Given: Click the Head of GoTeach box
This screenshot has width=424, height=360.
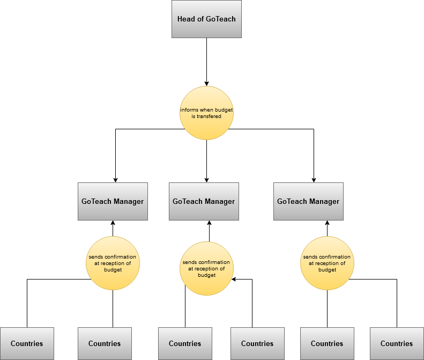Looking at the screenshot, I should pos(206,19).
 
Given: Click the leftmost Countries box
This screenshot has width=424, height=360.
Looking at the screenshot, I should pos(27,343).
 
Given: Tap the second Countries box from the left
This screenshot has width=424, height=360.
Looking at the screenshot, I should pos(105,343).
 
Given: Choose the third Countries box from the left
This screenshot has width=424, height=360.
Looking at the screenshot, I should pos(185,343).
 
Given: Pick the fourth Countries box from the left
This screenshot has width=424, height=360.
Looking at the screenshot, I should pos(257,343).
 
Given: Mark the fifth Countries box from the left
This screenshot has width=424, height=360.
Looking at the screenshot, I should pos(327,343).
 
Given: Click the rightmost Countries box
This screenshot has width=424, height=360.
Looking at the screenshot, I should pos(397,343).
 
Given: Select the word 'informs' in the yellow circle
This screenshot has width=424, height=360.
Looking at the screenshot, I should pos(189,110).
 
